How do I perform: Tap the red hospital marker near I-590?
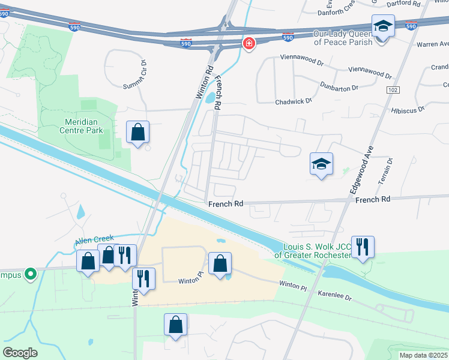pos(249,44)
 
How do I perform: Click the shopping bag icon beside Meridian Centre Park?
pos(138,132)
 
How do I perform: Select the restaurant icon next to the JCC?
pos(363,247)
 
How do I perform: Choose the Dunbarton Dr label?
pos(339,86)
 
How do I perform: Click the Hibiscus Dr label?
pos(408,109)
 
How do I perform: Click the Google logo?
pos(20,353)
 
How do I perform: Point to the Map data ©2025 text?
pos(424,355)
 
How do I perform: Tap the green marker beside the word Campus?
pos(30,275)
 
